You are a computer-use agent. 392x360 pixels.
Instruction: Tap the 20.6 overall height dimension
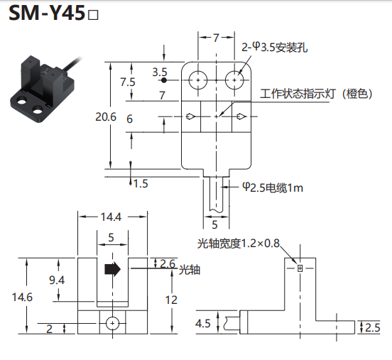106,116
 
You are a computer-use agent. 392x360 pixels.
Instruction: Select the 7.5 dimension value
128,82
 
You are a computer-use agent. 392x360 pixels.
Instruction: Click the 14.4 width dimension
111,217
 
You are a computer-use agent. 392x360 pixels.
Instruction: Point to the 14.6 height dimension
22,297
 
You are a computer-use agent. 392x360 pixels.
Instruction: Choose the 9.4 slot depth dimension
57,280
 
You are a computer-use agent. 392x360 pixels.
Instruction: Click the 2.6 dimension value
168,263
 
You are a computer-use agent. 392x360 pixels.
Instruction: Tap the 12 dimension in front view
171,300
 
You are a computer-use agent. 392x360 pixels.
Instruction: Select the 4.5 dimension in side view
203,323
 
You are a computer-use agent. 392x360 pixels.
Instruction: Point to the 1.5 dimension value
141,184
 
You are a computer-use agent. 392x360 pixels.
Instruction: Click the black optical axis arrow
112,269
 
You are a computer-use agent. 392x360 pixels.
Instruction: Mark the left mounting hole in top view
198,80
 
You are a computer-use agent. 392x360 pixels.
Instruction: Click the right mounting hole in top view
234,80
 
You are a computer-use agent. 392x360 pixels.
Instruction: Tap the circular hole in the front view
112,324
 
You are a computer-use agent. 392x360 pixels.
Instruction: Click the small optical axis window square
300,268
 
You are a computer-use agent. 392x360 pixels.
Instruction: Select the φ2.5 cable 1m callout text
273,187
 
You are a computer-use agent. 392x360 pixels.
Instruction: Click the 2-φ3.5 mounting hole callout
275,48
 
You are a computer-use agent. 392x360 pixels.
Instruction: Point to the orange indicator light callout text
316,94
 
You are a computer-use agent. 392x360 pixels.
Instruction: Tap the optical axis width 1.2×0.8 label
238,244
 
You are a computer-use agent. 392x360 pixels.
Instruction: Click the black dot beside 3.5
164,80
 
